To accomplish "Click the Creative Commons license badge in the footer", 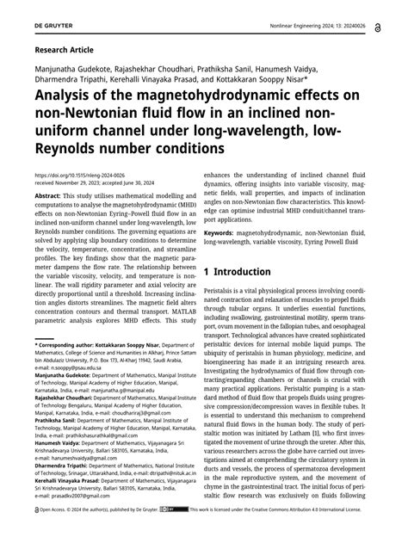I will (x=178, y=534).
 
